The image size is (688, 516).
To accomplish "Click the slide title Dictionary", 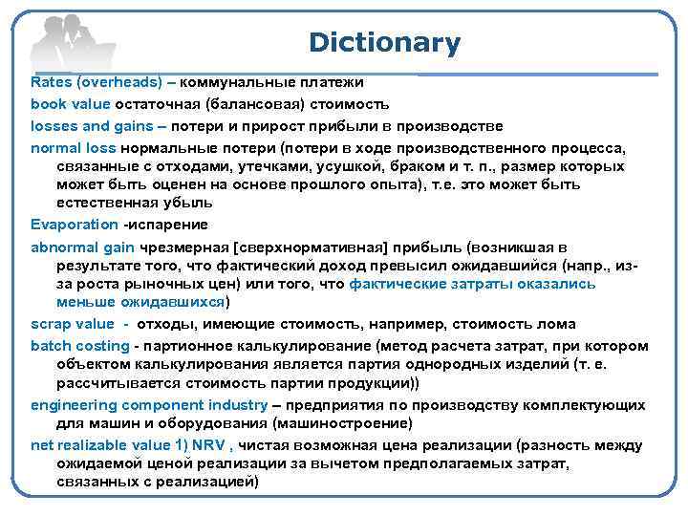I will (x=384, y=43).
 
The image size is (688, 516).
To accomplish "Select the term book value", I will (x=70, y=103).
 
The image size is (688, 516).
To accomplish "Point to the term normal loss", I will (x=73, y=149).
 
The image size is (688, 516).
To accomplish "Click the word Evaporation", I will (x=74, y=225).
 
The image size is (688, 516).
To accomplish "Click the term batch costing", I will (x=79, y=346).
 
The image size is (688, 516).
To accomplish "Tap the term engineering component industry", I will (x=148, y=405).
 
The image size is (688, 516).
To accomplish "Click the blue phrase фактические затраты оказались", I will (x=472, y=283).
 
